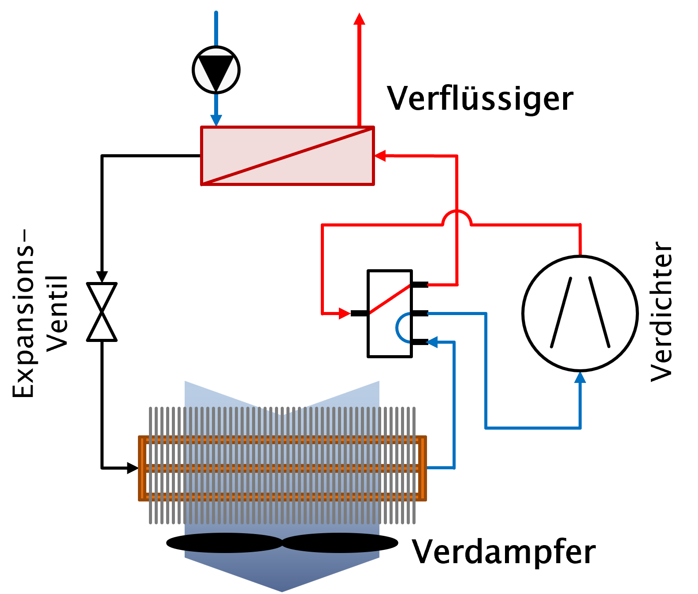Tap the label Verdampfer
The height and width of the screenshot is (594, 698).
[x=504, y=553]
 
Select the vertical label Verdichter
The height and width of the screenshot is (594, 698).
[x=661, y=312]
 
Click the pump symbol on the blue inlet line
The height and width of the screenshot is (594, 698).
[x=216, y=70]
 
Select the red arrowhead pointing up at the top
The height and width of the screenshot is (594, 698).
[x=360, y=19]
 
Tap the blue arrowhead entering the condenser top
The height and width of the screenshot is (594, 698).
[x=216, y=120]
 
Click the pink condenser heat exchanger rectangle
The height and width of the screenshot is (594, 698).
[x=287, y=156]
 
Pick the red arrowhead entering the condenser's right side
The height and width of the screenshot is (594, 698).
[x=380, y=156]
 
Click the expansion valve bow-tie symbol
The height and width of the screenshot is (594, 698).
[x=102, y=312]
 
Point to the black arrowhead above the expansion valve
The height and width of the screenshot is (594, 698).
[x=102, y=277]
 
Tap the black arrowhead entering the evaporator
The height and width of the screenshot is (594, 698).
[x=133, y=468]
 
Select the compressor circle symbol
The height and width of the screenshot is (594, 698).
[x=580, y=313]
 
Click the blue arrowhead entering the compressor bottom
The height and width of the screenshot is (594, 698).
[x=580, y=378]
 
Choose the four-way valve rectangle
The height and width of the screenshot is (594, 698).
[x=390, y=313]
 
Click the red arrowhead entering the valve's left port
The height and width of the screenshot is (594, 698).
[x=345, y=314]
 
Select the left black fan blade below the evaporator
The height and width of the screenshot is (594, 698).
[x=224, y=543]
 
